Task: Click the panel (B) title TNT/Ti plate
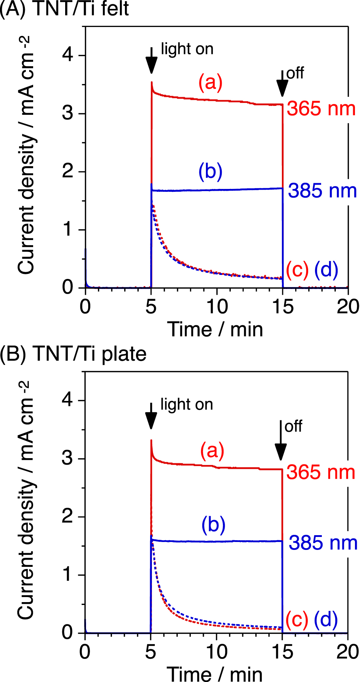click(x=73, y=354)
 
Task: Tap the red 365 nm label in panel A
click(x=321, y=109)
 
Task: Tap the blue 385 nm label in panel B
click(x=323, y=543)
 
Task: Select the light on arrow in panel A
click(x=152, y=61)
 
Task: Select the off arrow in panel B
click(x=281, y=441)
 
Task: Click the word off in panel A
click(x=295, y=73)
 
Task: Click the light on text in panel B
click(x=186, y=405)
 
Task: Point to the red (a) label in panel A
click(x=211, y=82)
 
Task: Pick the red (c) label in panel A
click(x=297, y=269)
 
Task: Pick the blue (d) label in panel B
click(x=326, y=619)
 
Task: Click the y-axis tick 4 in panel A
click(x=68, y=55)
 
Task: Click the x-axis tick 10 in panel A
click(x=217, y=307)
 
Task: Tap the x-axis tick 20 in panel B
click(x=347, y=652)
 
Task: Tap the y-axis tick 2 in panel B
click(x=67, y=516)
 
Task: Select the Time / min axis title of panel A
click(x=215, y=329)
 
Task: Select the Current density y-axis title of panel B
click(x=26, y=502)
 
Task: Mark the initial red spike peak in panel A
click(x=152, y=82)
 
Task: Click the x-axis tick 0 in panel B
click(x=85, y=652)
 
